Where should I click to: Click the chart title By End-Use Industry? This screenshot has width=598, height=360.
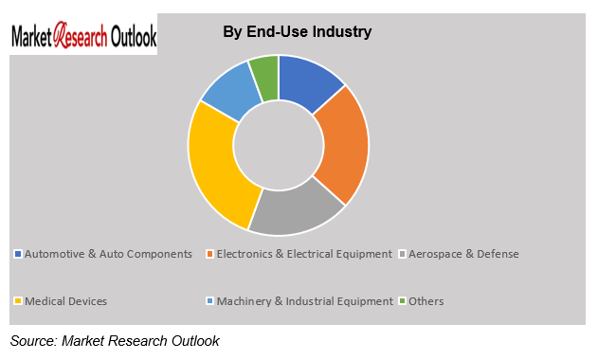tap(297, 32)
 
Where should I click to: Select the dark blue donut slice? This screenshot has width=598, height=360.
tap(314, 80)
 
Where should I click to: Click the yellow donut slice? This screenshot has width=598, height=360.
tap(219, 167)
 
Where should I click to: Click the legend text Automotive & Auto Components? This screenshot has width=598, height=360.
tap(108, 254)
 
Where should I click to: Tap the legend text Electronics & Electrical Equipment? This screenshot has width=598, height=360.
tap(304, 254)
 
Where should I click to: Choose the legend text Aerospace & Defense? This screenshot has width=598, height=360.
tap(463, 254)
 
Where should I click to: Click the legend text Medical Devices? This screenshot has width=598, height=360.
tap(65, 301)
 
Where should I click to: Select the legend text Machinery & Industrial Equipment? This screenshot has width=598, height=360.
tap(304, 301)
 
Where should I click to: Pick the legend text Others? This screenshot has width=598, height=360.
tap(426, 301)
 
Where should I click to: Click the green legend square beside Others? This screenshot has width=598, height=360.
tap(403, 301)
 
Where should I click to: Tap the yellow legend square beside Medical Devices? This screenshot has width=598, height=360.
tap(17, 301)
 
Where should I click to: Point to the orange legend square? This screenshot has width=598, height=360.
tap(209, 254)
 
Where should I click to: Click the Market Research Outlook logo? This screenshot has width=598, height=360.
tap(83, 37)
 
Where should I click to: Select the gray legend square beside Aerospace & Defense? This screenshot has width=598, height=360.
tap(403, 254)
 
